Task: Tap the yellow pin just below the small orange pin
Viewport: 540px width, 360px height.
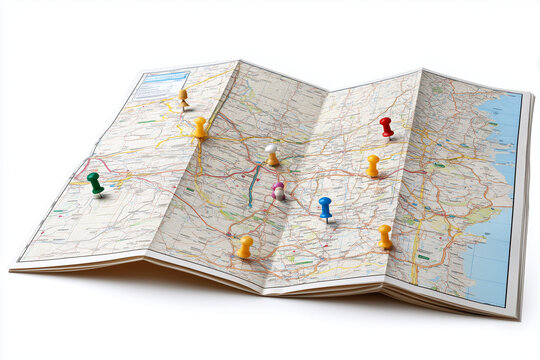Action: [200, 127]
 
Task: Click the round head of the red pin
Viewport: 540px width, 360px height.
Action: [385, 122]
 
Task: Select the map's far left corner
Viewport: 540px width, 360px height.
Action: [12, 267]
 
